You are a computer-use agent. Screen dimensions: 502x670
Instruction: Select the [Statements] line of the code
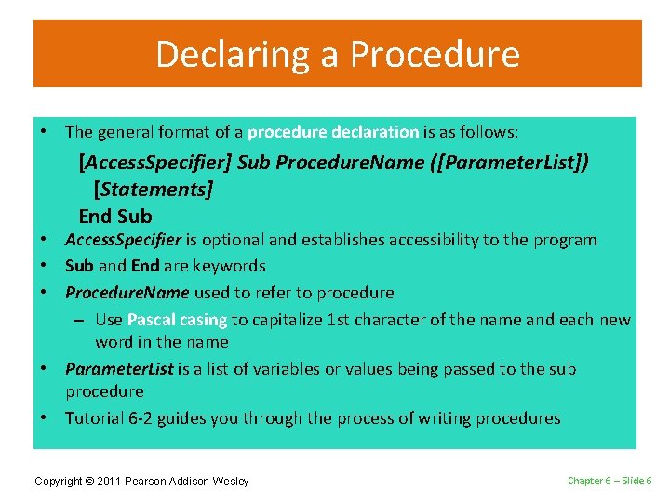pyautogui.click(x=154, y=190)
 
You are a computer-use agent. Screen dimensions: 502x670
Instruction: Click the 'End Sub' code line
pyautogui.click(x=115, y=217)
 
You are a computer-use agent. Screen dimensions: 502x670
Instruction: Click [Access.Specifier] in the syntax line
pyautogui.click(x=155, y=163)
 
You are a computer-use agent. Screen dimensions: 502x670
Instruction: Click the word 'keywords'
pyautogui.click(x=230, y=266)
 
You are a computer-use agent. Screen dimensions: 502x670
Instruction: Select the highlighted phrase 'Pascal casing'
pyautogui.click(x=177, y=320)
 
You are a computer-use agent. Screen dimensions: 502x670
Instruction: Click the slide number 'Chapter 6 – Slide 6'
pyautogui.click(x=610, y=480)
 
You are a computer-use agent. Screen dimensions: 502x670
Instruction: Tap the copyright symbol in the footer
pyautogui.click(x=103, y=481)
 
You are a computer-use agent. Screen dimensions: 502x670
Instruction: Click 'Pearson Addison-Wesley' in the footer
pyautogui.click(x=194, y=481)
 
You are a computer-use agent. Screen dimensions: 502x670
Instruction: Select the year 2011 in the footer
pyautogui.click(x=124, y=481)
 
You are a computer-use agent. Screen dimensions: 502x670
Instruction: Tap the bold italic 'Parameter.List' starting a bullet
pyautogui.click(x=119, y=369)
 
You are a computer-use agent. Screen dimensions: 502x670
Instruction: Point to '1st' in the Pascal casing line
pyautogui.click(x=340, y=320)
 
